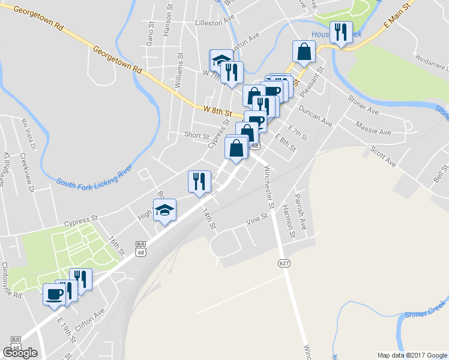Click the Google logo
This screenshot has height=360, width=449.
pyautogui.click(x=20, y=353)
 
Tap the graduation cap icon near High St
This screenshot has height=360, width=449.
pyautogui.click(x=164, y=211)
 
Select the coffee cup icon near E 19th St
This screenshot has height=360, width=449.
pyautogui.click(x=55, y=295)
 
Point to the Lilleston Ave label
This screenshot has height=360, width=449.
pyautogui.click(x=214, y=22)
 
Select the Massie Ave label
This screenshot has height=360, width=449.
pyautogui.click(x=373, y=128)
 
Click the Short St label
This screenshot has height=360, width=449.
pyautogui.click(x=197, y=135)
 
